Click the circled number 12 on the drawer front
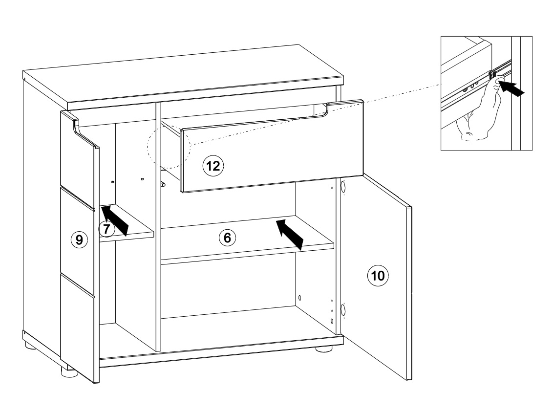tap(213, 166)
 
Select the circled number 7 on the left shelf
tap(107, 228)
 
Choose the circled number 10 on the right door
tap(376, 275)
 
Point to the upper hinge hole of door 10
tap(342, 187)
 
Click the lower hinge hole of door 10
tap(342, 310)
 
